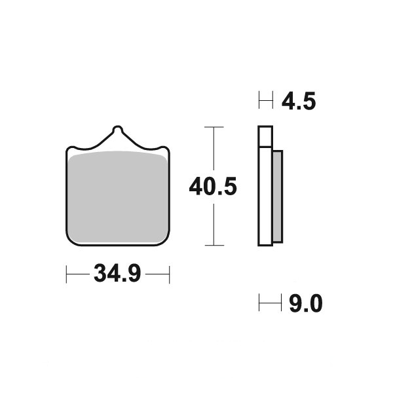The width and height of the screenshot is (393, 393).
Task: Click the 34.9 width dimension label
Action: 117,273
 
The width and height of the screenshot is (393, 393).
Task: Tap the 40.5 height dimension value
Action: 213,187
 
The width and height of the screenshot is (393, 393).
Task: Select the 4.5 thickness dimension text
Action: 299,101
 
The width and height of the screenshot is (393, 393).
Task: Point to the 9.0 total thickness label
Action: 305,303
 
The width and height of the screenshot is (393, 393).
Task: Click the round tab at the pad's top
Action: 117,129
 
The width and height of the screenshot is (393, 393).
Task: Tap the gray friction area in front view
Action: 118,197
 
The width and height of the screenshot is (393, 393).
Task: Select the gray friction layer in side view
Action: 278,196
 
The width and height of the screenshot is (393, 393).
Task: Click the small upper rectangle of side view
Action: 265,136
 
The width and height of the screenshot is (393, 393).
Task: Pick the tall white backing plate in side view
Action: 265,196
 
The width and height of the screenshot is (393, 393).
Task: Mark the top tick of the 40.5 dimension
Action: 214,127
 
